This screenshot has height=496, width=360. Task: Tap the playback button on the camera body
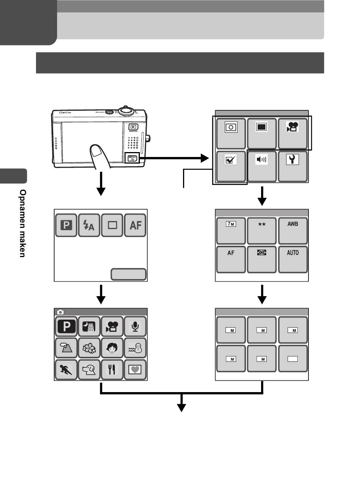point(133,127)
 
